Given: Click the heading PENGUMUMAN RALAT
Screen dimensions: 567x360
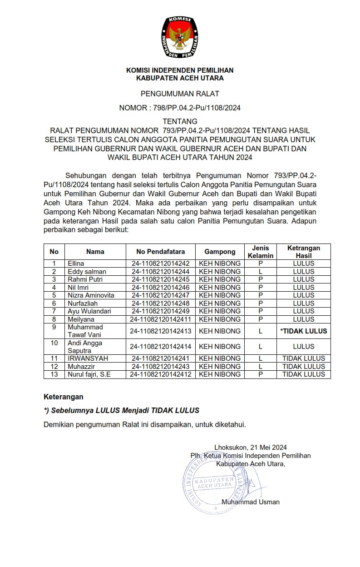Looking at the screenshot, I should tap(180, 94).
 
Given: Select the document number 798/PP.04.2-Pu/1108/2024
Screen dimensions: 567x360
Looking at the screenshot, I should tap(195, 108).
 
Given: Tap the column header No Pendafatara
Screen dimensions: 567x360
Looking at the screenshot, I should tap(161, 252).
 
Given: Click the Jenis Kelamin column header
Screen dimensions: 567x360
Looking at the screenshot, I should tap(260, 252).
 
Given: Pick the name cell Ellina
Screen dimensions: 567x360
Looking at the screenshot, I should tap(76, 264).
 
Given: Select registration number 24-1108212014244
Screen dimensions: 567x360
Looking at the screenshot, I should tap(161, 271).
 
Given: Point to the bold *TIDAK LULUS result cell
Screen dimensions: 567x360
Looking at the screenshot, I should tap(304, 331).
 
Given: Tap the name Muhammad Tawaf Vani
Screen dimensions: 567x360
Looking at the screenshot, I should tap(85, 331).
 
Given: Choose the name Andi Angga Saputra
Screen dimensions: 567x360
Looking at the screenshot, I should tap(85, 347).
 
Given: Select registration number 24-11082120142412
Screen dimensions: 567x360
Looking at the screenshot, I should tap(161, 374).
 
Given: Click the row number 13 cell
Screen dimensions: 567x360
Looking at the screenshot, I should tap(54, 374).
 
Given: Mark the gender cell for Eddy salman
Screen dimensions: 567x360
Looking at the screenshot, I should tap(260, 271).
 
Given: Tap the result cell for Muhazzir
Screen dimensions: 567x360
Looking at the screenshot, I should tap(304, 367).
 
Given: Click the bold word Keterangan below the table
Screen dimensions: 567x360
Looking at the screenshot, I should tap(64, 397).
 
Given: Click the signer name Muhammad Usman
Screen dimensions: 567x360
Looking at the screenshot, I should tap(251, 502).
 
